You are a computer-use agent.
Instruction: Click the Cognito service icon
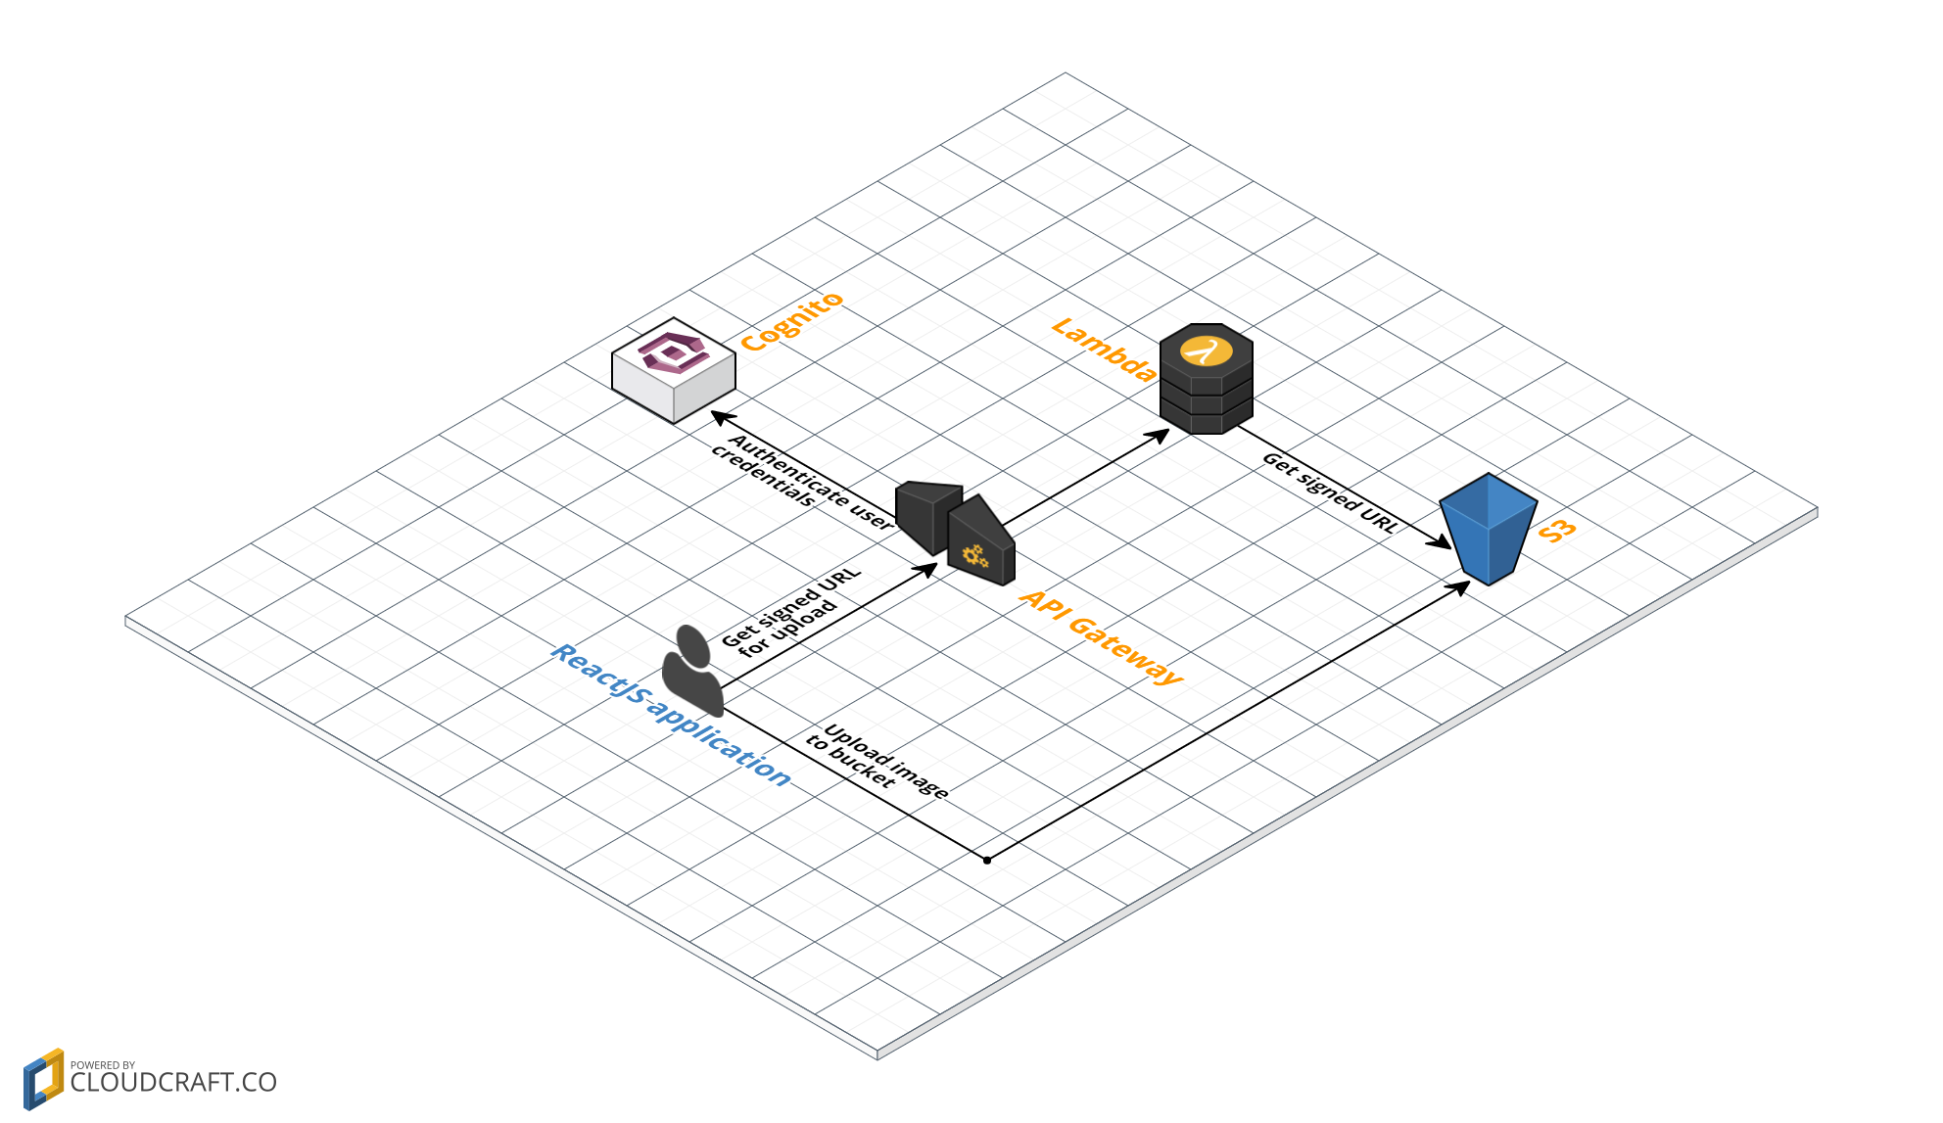coord(674,369)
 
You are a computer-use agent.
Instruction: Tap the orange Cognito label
coord(791,321)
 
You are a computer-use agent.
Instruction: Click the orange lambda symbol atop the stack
coord(1206,351)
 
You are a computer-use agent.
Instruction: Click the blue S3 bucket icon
coord(1488,529)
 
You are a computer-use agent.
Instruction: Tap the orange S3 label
coord(1557,531)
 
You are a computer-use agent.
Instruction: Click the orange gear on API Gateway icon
coord(974,556)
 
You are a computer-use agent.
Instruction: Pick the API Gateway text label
coord(1101,636)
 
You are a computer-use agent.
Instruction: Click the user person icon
coord(692,671)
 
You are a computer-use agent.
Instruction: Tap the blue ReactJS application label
coord(671,716)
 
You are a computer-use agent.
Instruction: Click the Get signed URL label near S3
coord(1330,491)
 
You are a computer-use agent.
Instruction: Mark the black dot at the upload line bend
coord(987,861)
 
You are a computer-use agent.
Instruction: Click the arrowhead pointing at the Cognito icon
coord(722,418)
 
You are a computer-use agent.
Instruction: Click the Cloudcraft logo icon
coord(43,1079)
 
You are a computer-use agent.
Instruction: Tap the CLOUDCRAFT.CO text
coord(173,1082)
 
